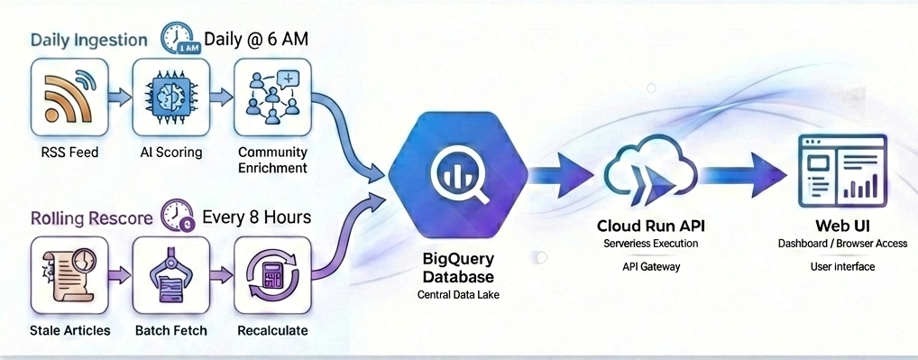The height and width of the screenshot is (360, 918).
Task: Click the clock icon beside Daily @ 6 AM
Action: (179, 39)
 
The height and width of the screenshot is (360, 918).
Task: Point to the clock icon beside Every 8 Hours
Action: (177, 217)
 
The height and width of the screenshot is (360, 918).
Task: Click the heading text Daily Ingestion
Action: (90, 41)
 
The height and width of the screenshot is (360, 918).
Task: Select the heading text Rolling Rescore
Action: (90, 218)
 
